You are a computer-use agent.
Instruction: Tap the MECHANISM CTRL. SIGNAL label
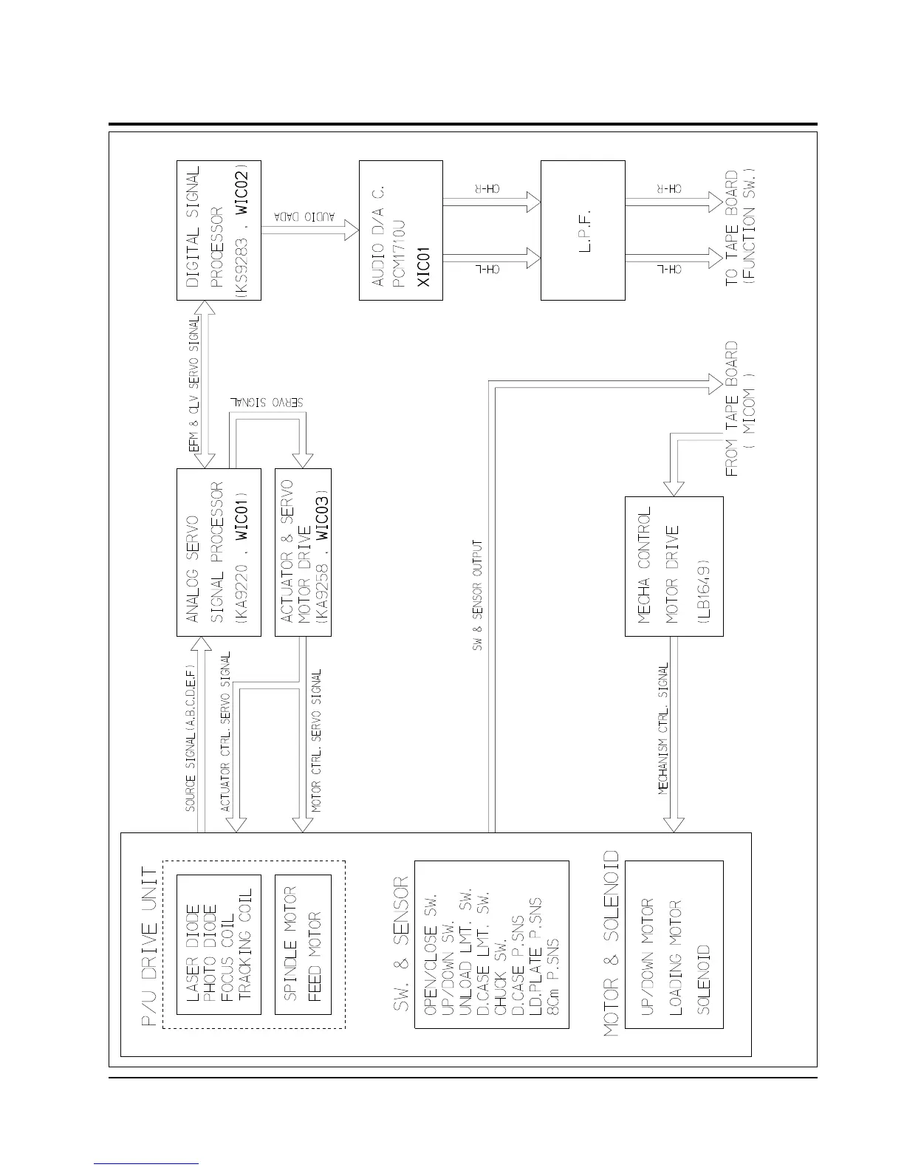tap(664, 728)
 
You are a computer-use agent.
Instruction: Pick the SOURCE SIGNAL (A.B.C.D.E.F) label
tap(191, 738)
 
